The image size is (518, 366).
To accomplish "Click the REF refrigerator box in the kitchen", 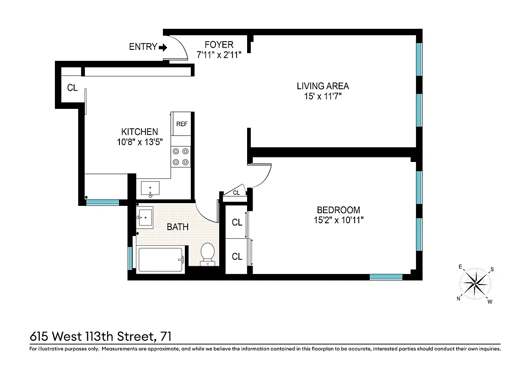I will (x=182, y=124).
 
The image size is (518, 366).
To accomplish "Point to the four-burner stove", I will (x=181, y=156).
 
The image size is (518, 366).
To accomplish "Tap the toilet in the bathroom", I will (x=208, y=253).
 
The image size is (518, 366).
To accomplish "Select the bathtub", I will (x=161, y=259).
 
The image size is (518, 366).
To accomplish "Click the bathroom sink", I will (x=146, y=217).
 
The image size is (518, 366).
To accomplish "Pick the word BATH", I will (x=177, y=227).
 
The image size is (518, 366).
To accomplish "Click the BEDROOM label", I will (x=338, y=210).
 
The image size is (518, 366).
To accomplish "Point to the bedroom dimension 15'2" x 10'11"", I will (x=338, y=220).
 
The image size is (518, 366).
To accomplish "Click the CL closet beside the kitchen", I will (x=72, y=88).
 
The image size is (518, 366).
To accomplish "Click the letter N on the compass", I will (x=459, y=298).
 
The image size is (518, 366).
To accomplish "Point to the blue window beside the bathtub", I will (x=130, y=258).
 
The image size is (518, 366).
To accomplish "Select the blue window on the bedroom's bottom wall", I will (x=386, y=277).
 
